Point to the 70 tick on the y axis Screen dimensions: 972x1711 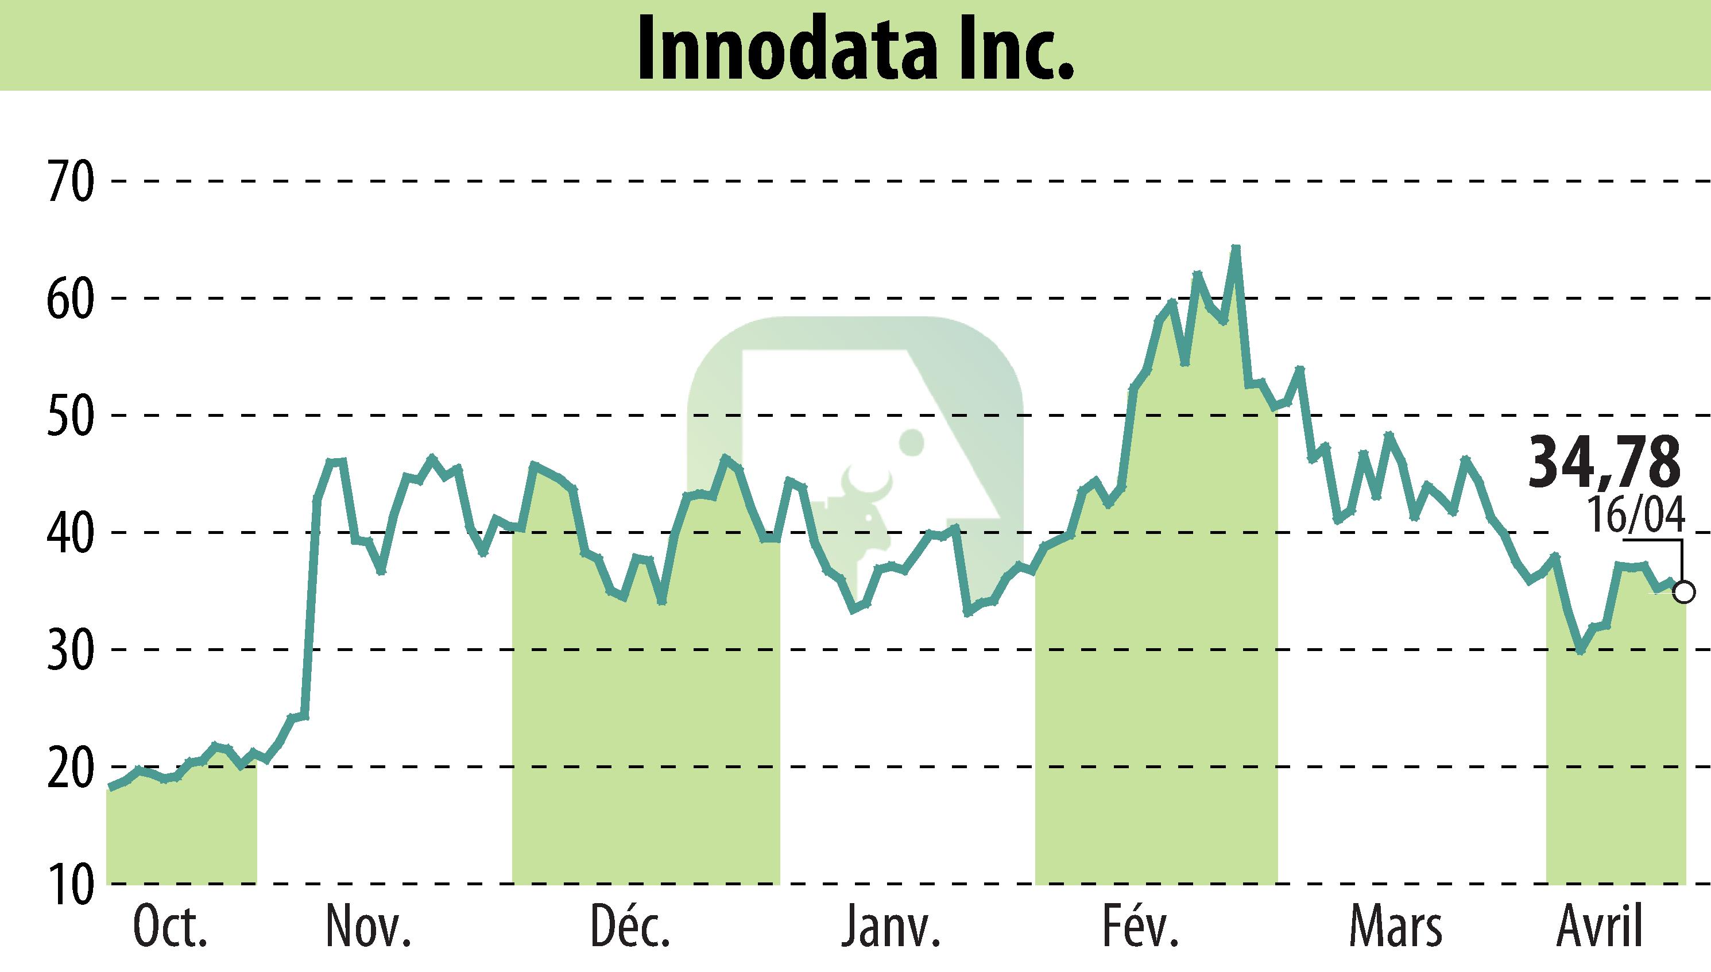pyautogui.click(x=69, y=181)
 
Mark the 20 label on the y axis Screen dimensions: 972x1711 pyautogui.click(x=69, y=767)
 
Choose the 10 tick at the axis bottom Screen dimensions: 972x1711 pyautogui.click(x=69, y=885)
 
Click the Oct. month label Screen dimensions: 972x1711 pyautogui.click(x=170, y=927)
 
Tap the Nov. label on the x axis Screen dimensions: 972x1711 pyautogui.click(x=368, y=927)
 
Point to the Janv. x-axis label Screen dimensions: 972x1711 pyautogui.click(x=891, y=927)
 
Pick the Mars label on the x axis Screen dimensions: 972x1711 pyautogui.click(x=1395, y=927)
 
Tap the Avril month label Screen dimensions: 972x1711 pyautogui.click(x=1600, y=927)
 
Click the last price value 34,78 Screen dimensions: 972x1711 pyautogui.click(x=1604, y=462)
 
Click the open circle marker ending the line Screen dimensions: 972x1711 pyautogui.click(x=1683, y=592)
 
